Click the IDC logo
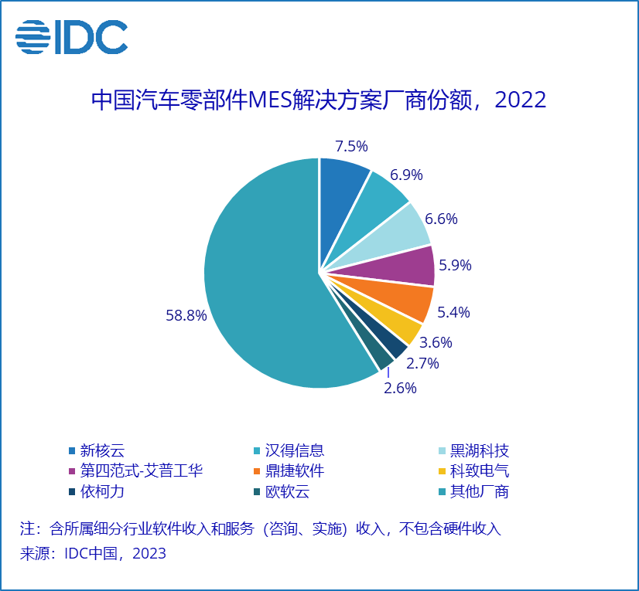tap(71, 36)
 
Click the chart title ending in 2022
tap(319, 100)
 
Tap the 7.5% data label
tap(350, 146)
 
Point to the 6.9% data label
tap(405, 175)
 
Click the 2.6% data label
tap(400, 388)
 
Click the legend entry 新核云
tap(101, 450)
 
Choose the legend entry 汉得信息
tap(294, 450)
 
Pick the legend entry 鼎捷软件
tap(294, 471)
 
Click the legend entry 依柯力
tap(101, 492)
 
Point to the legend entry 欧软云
tap(286, 492)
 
